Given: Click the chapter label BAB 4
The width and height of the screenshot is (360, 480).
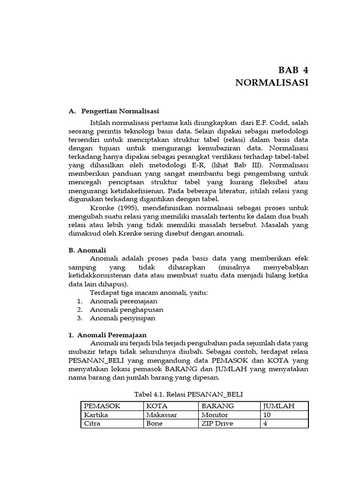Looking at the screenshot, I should tap(293, 71).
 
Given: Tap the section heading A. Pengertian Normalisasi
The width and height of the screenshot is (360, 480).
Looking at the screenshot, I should tap(113, 111).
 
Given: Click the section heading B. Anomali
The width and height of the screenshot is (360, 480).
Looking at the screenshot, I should tap(87, 250).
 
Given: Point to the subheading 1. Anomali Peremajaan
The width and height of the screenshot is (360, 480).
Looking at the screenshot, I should tap(107, 335).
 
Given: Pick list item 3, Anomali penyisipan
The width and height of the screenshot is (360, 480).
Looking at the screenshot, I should tap(122, 318).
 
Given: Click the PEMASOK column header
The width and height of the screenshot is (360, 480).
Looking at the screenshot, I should tap(102, 406).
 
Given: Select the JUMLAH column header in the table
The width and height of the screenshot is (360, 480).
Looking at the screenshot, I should tap(279, 406).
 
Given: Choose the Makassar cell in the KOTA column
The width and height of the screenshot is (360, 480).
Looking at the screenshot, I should tap(162, 415).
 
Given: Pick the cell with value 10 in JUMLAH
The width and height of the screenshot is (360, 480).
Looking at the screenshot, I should tap(268, 415).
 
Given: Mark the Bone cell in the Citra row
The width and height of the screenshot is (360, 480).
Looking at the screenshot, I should tap(154, 423).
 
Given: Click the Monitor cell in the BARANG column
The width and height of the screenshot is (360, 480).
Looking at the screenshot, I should tap(215, 415).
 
